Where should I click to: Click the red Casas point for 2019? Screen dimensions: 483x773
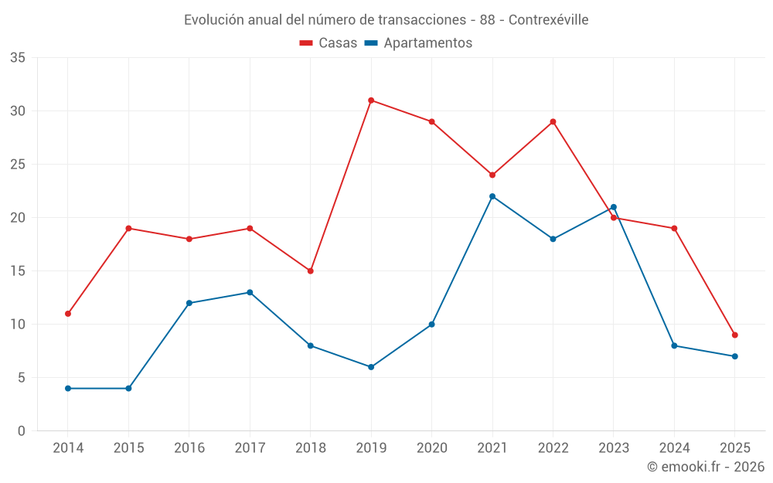[371, 100]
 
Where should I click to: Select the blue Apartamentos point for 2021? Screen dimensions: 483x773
[492, 196]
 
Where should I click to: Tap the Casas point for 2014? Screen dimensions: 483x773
[68, 314]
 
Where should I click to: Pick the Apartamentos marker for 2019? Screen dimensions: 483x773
[371, 367]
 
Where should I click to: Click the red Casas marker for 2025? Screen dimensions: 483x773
[735, 335]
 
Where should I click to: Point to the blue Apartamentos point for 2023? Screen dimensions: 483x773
[614, 207]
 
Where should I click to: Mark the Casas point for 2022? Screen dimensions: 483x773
[553, 121]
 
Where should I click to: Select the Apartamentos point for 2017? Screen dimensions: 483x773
[250, 292]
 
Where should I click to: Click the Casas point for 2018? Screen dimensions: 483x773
[310, 271]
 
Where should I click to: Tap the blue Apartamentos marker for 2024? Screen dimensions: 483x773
[674, 345]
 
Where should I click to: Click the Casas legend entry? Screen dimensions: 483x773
[329, 43]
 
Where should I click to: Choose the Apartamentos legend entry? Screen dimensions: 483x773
[418, 43]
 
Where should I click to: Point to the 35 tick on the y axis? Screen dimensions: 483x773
[17, 58]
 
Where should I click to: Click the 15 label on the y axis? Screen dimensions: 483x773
[17, 271]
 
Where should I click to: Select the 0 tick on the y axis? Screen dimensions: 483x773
[21, 431]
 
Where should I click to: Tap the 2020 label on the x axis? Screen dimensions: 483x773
[431, 448]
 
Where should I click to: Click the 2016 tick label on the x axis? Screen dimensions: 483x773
[189, 448]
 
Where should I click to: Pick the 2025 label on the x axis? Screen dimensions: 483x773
[735, 448]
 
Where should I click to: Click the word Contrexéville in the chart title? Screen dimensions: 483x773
[550, 20]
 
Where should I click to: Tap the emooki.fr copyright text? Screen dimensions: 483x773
[706, 467]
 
